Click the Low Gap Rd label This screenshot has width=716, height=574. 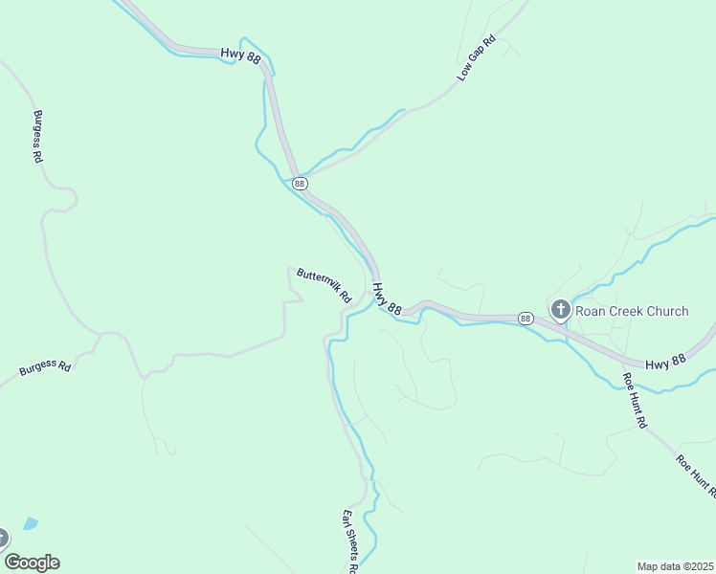(476, 58)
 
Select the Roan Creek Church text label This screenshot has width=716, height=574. (633, 311)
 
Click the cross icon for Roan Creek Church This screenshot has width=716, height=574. (561, 310)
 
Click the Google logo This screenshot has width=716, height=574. (32, 563)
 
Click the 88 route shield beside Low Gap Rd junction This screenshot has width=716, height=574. (300, 183)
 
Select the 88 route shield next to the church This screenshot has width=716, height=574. (526, 318)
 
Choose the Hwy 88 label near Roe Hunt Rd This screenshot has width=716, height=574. (666, 364)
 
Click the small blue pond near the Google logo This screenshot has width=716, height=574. (31, 524)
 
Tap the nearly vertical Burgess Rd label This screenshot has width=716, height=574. (38, 135)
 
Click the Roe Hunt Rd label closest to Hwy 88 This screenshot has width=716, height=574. (636, 400)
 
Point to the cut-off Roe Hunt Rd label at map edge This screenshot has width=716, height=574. (696, 475)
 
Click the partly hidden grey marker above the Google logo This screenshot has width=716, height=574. (3, 538)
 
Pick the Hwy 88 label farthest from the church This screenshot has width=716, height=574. (240, 57)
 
